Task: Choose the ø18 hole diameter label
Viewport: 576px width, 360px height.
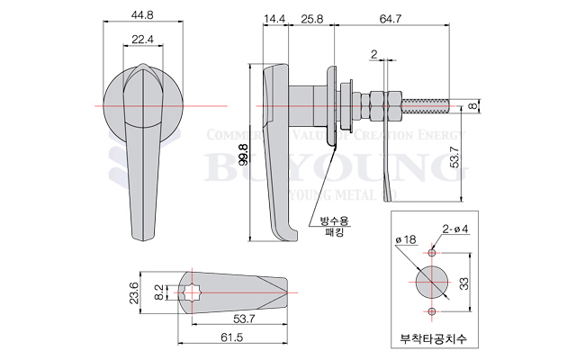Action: click(x=407, y=239)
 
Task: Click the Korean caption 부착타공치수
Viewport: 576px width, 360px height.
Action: click(x=436, y=339)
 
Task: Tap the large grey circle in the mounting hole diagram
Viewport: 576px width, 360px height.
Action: click(x=432, y=281)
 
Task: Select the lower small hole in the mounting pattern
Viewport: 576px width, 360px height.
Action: click(x=432, y=311)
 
